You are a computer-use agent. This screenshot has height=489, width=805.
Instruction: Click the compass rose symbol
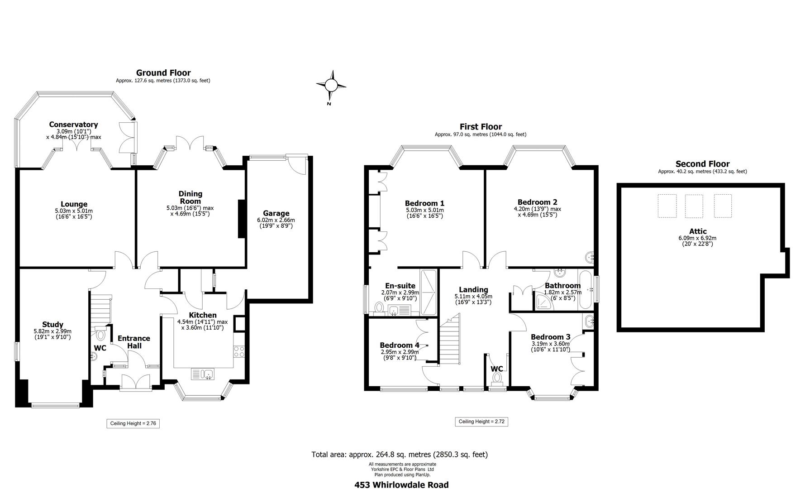(331, 85)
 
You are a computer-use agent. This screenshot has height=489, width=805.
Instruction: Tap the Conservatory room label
(73, 125)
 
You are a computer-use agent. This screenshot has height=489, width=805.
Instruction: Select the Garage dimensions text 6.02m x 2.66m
(276, 220)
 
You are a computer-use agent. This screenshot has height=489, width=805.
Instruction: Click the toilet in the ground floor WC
(100, 335)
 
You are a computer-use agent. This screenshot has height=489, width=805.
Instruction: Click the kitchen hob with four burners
(239, 352)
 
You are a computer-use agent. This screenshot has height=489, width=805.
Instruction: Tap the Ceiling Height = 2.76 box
(133, 423)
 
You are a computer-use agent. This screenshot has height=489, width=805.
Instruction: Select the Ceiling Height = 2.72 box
(481, 422)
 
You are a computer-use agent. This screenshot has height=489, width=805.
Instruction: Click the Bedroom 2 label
(537, 202)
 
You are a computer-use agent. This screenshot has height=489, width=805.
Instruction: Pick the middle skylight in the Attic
(694, 206)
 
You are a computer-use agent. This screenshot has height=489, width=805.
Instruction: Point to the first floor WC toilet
(497, 378)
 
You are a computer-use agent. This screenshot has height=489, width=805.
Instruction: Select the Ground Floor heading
(163, 73)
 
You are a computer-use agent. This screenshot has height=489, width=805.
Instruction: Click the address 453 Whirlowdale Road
(401, 484)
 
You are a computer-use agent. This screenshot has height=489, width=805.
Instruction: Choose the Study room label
(52, 325)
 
